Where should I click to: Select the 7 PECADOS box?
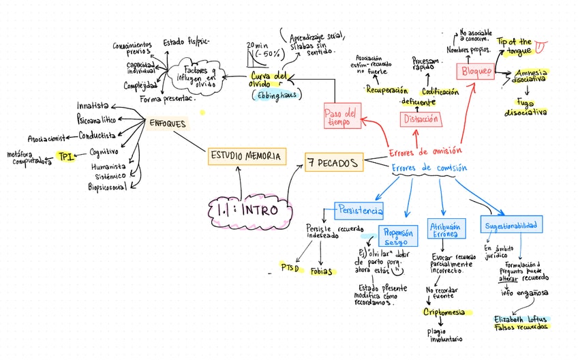(333, 162)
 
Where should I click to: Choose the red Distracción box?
(421, 119)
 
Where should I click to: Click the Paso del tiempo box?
(341, 117)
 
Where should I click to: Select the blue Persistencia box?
(359, 210)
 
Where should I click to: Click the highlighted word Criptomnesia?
(444, 312)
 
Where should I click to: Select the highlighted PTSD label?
(290, 268)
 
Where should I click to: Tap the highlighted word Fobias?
(322, 271)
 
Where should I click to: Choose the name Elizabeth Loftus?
(519, 318)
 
